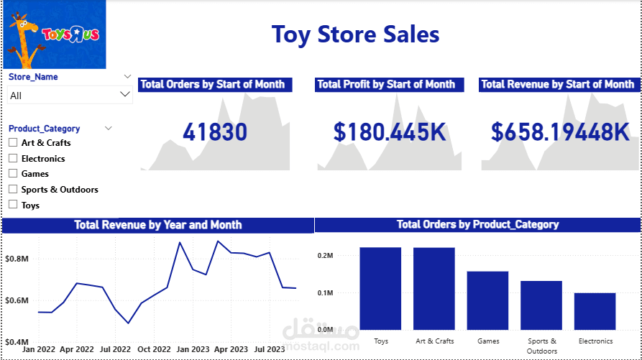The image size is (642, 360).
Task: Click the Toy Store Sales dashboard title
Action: (355, 34)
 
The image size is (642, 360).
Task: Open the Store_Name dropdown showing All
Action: (70, 95)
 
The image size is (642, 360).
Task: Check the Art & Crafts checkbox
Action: (13, 143)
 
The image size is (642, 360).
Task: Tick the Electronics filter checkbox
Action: (13, 159)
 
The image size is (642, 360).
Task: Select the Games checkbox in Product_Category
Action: (13, 174)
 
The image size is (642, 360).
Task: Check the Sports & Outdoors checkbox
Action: (13, 190)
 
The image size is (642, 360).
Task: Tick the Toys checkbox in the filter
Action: (13, 206)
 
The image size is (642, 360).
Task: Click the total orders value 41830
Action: (215, 132)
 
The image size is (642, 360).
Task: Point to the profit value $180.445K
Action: (390, 132)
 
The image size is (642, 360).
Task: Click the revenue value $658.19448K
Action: (560, 132)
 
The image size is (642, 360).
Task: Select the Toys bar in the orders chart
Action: (380, 288)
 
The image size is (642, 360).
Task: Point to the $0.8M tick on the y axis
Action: (17, 258)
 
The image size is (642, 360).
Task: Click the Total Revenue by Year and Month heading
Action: (158, 226)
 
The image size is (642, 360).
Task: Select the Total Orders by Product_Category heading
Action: (477, 225)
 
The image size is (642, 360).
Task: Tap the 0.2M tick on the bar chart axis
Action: (325, 256)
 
